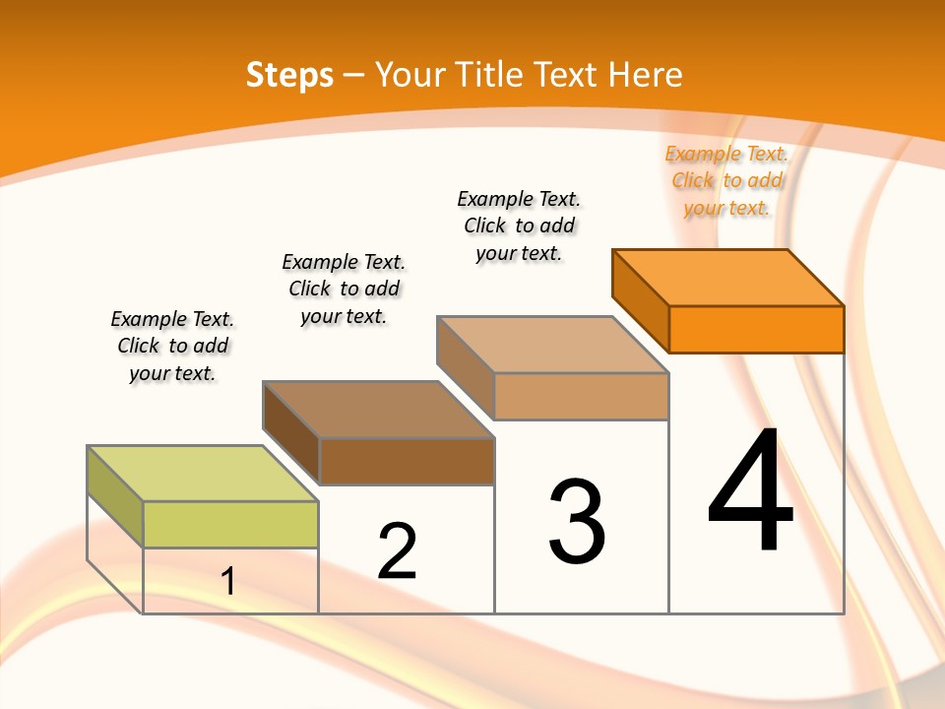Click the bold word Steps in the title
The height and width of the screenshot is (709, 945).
[x=289, y=75]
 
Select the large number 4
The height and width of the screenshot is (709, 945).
[x=750, y=489]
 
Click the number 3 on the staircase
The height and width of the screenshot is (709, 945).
[x=577, y=522]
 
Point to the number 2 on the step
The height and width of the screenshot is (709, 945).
[x=397, y=551]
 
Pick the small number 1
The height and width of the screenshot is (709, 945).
[x=228, y=581]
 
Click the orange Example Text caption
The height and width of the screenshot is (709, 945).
[x=726, y=180]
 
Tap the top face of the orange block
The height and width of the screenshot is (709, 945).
[x=728, y=277]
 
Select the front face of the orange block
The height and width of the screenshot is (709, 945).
[x=756, y=329]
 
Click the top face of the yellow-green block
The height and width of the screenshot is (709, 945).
[x=203, y=474]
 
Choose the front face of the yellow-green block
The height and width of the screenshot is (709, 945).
[x=230, y=524]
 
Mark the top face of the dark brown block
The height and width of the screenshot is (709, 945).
[x=378, y=409]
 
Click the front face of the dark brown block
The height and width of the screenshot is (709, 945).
[x=407, y=461]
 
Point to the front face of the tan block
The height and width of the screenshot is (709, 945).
[x=581, y=396]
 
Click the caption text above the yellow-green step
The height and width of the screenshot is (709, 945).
[x=172, y=346]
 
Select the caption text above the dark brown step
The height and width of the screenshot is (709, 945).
[x=344, y=289]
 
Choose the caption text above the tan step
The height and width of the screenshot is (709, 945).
[x=519, y=226]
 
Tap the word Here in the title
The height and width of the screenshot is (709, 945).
[x=646, y=75]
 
